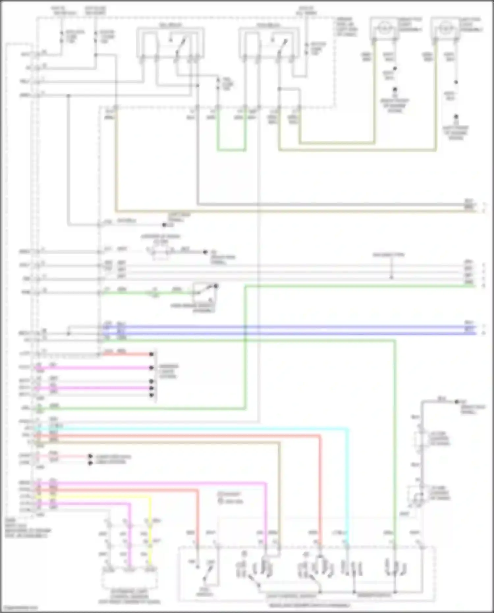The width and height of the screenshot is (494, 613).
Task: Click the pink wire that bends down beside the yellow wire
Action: [129, 527]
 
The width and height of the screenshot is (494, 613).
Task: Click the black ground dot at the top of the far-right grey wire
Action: [457, 402]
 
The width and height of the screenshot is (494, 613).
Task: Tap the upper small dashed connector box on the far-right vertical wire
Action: [421, 438]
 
